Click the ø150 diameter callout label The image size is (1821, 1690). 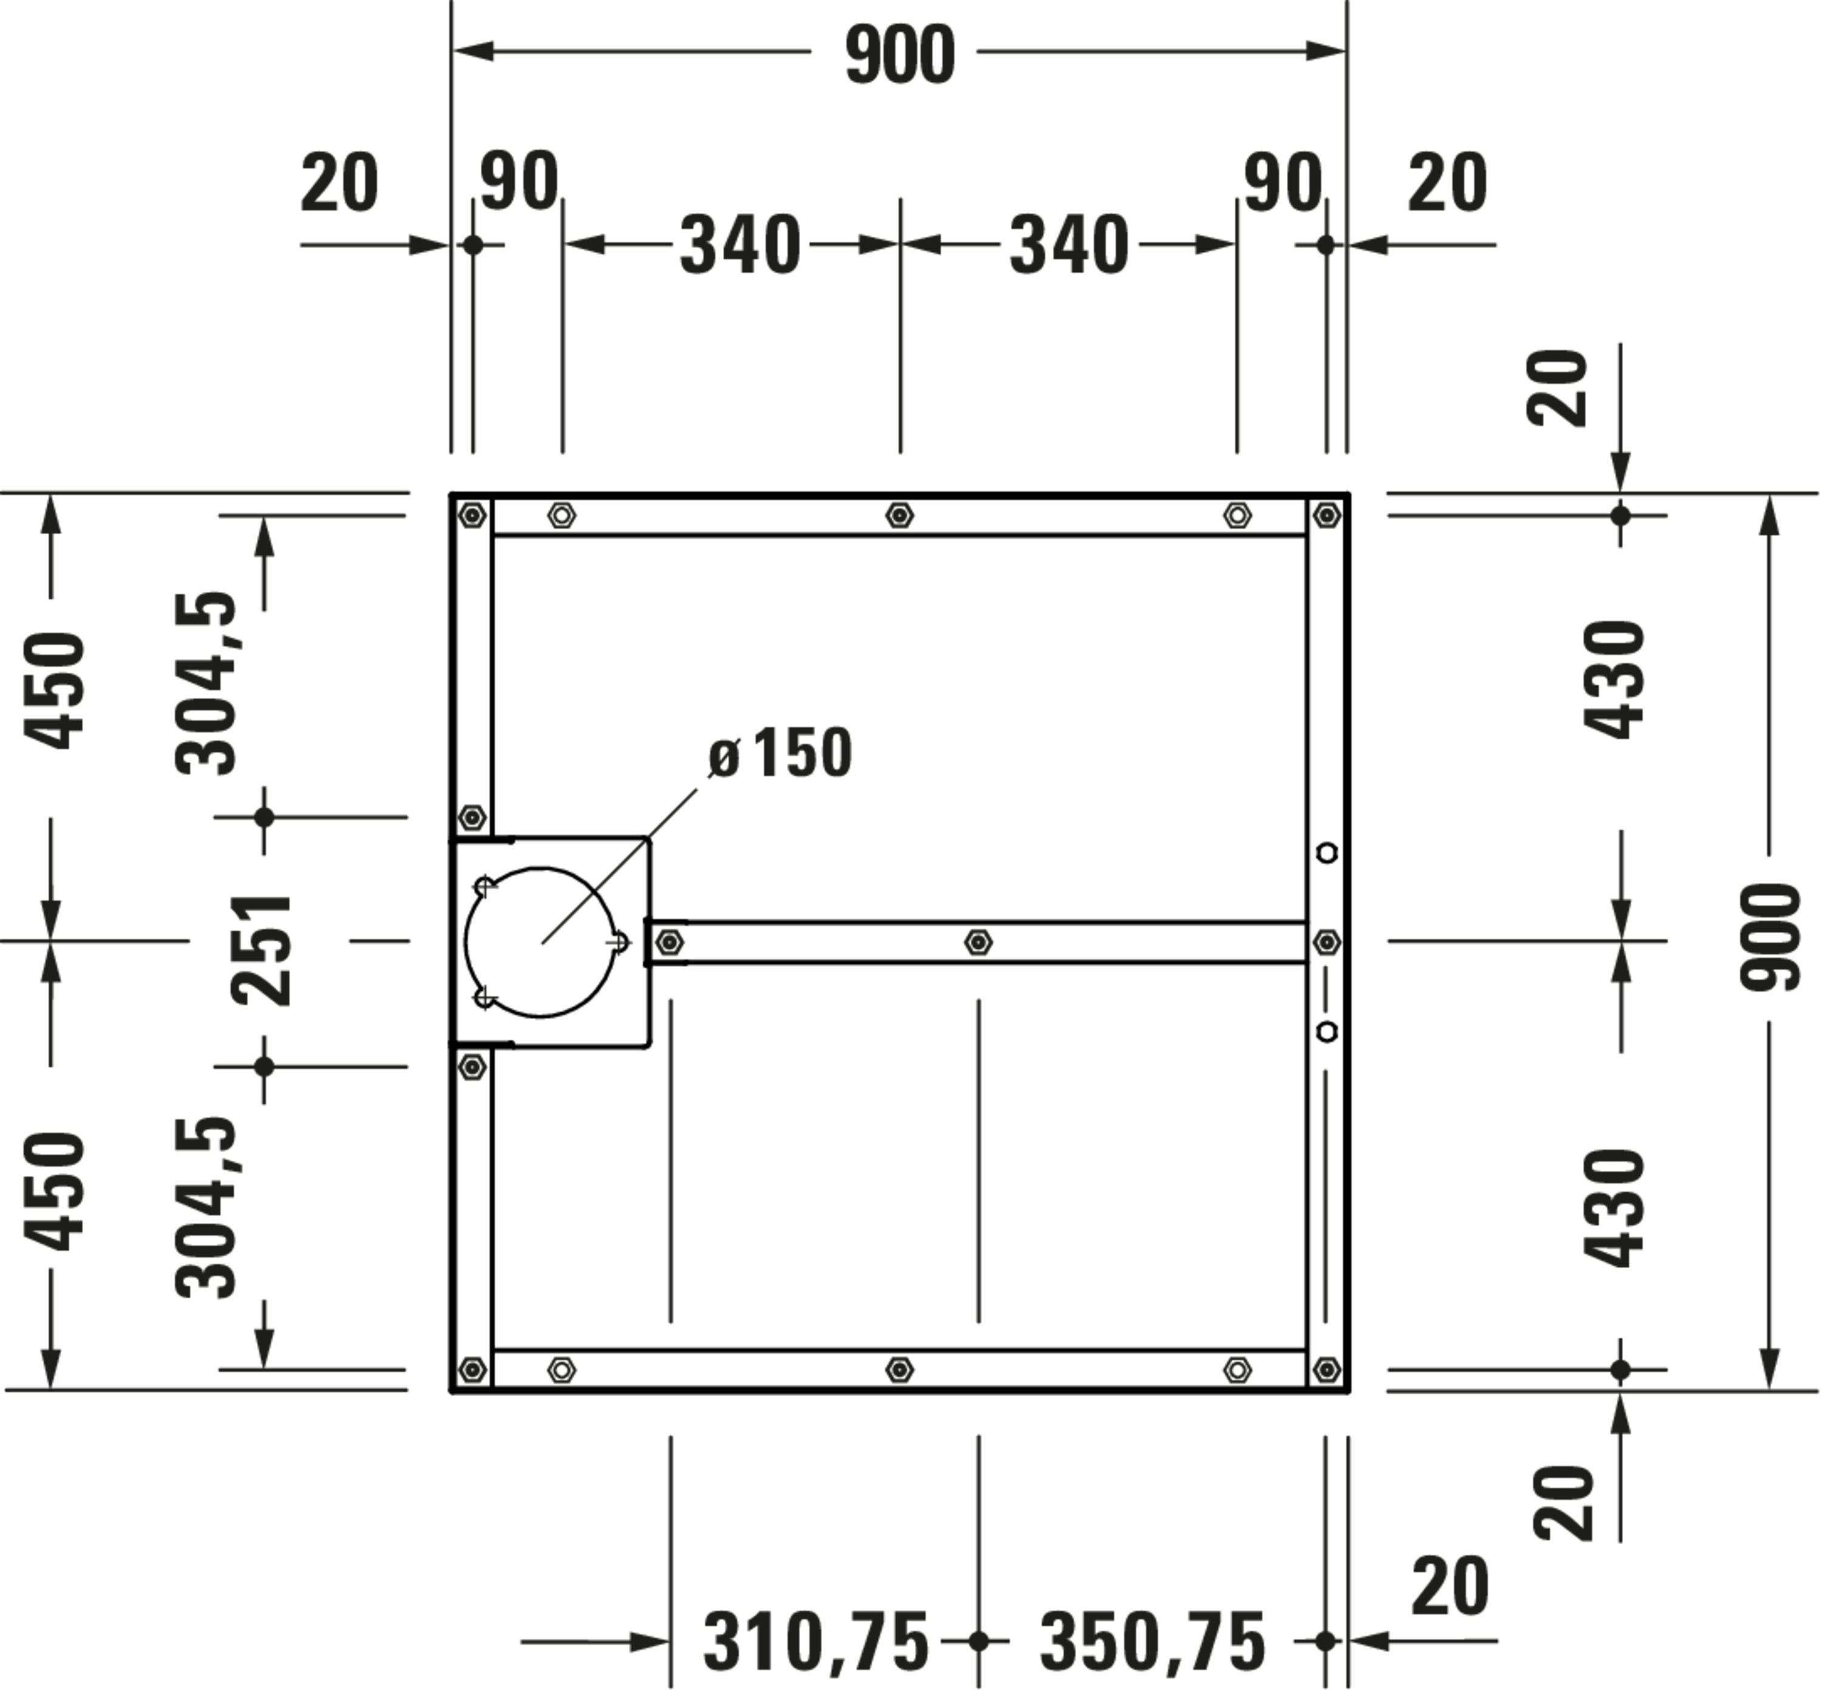tap(780, 753)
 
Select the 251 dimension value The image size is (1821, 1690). tap(262, 950)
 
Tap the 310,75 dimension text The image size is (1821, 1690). tap(816, 1643)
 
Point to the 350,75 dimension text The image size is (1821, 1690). tap(1153, 1643)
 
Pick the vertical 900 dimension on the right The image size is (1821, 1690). tap(1770, 937)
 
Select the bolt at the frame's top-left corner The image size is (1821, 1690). tap(472, 516)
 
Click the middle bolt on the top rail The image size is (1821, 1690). tap(900, 516)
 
